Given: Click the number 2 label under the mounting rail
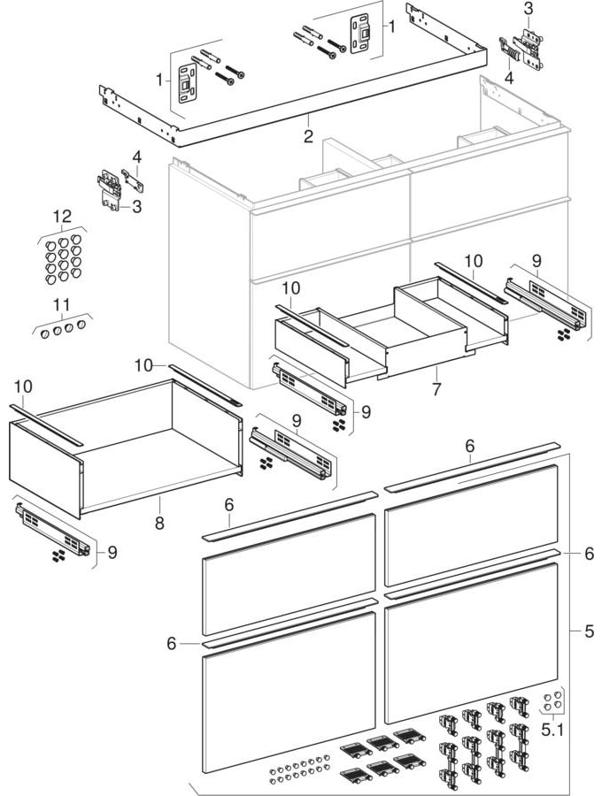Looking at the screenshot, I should (x=308, y=136).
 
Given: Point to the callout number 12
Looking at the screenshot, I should (x=61, y=216).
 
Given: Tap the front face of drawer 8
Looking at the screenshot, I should (x=44, y=469).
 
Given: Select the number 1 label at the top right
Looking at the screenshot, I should (x=390, y=27).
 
